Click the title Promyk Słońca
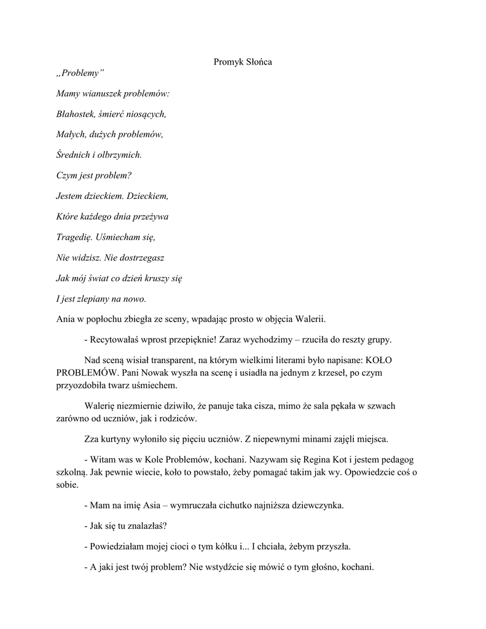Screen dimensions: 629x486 (x=243, y=61)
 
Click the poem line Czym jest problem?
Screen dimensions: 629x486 (x=93, y=175)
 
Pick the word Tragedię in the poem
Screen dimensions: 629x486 (x=74, y=236)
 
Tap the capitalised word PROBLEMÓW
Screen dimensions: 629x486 (x=86, y=372)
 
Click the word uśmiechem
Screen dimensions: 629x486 (x=156, y=385)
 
